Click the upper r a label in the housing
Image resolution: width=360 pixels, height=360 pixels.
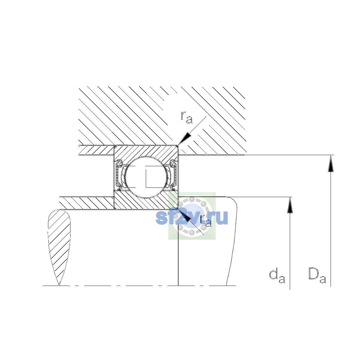tap(186, 118)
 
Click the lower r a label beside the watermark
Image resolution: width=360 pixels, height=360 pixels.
tap(206, 221)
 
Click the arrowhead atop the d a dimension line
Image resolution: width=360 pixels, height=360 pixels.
tap(290, 205)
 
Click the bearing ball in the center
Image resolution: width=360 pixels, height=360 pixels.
tap(146, 177)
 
